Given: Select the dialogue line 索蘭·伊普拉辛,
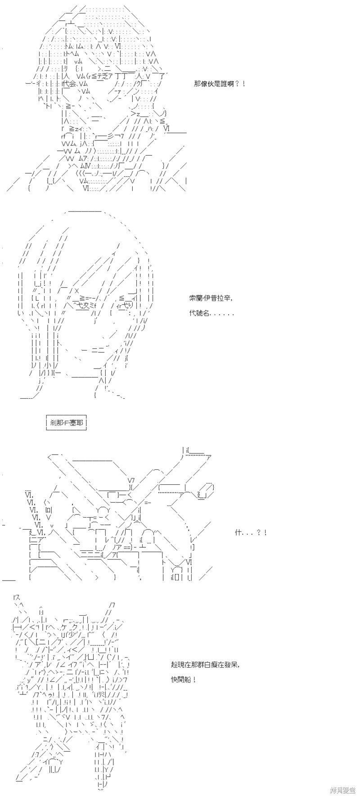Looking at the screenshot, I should pyautogui.click(x=211, y=298).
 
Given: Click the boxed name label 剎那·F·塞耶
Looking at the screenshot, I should pyautogui.click(x=66, y=423).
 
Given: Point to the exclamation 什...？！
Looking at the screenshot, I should pyautogui.click(x=251, y=532).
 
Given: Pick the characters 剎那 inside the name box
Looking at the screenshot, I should pyautogui.click(x=55, y=423).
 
